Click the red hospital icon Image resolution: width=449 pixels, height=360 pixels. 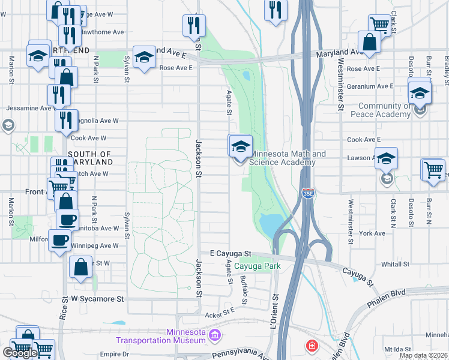312,346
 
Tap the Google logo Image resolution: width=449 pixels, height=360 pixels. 20,353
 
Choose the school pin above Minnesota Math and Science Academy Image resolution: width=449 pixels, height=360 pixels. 240,146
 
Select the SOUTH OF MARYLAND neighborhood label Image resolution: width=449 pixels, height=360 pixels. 90,158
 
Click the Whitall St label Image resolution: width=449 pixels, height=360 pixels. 395,263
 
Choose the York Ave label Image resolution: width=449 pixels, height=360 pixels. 373,233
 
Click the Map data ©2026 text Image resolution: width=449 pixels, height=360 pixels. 424,356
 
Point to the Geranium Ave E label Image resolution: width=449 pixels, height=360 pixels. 371,86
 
